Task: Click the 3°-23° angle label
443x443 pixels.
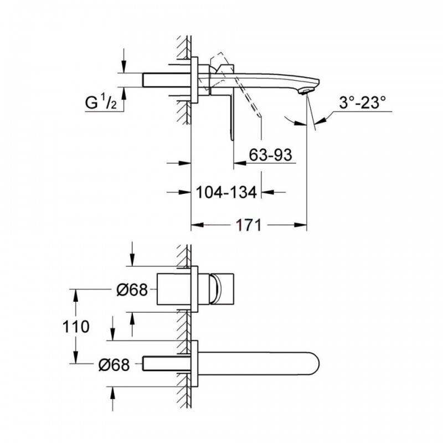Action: [x=362, y=102]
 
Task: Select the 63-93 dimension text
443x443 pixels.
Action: [x=270, y=155]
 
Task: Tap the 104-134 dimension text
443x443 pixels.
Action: [x=226, y=192]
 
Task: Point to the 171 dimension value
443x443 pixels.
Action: [x=249, y=225]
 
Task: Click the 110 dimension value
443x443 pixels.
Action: [x=76, y=327]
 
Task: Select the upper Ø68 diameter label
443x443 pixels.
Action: [x=132, y=290]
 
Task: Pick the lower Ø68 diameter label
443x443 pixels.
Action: [x=114, y=364]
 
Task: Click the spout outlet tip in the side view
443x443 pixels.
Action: [x=306, y=91]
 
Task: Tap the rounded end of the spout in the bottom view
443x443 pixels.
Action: [x=319, y=364]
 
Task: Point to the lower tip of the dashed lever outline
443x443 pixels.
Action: [x=260, y=115]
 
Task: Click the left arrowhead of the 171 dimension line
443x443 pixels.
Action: [x=197, y=225]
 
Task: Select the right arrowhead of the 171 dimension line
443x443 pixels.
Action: [x=301, y=225]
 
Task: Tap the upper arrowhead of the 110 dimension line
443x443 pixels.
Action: [x=75, y=296]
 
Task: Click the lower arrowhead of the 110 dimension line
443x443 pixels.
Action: [x=75, y=357]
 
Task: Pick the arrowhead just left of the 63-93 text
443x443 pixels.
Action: [x=240, y=163]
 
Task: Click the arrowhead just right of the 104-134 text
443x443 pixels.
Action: [x=267, y=192]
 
